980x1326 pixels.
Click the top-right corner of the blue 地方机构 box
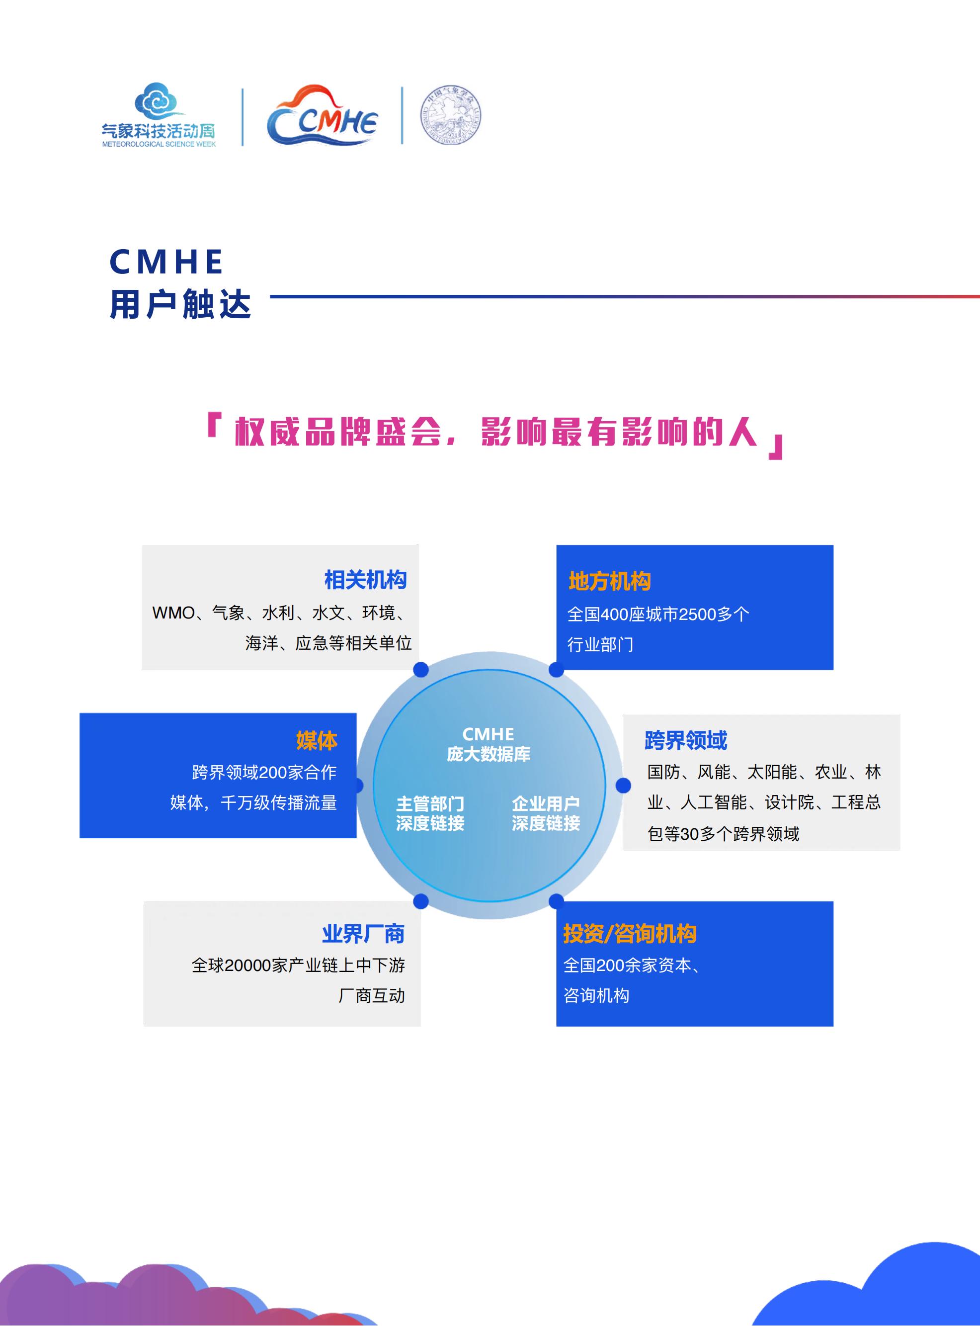point(833,545)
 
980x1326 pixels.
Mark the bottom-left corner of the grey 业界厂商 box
point(144,1026)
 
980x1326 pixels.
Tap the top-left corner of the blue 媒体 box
point(80,713)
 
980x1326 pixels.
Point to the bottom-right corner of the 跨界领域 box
point(900,850)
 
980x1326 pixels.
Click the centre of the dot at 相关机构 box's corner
point(420,670)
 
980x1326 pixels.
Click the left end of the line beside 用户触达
point(270,297)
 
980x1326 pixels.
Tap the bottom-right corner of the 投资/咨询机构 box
point(833,1026)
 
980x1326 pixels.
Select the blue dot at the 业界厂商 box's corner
point(420,901)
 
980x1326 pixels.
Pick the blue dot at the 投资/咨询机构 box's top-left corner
point(557,901)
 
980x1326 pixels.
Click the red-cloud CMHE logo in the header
point(322,116)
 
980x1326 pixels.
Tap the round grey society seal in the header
point(451,116)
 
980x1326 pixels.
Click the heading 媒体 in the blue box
point(317,741)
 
